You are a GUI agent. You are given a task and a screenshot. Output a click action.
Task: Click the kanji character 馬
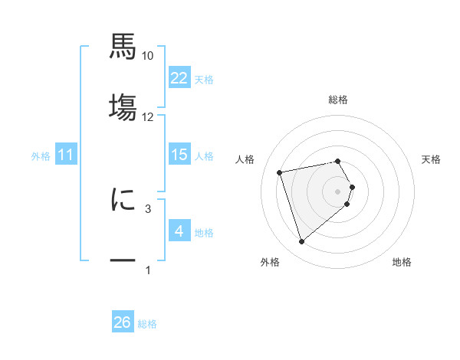pyautogui.click(x=123, y=46)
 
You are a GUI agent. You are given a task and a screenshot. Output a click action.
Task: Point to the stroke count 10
pyautogui.click(x=148, y=56)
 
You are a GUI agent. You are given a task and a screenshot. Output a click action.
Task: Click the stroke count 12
pyautogui.click(x=148, y=116)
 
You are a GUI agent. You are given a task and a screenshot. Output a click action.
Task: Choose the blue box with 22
pyautogui.click(x=179, y=78)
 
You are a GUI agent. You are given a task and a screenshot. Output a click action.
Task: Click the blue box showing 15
pyautogui.click(x=179, y=155)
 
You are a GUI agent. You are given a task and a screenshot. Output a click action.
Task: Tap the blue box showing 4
pyautogui.click(x=179, y=231)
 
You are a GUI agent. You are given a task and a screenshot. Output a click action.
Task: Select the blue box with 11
pyautogui.click(x=66, y=155)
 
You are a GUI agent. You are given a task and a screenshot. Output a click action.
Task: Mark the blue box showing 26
pyautogui.click(x=123, y=322)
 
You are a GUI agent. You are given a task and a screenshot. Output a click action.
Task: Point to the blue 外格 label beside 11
pyautogui.click(x=41, y=156)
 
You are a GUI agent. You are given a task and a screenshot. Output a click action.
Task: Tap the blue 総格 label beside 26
pyautogui.click(x=147, y=324)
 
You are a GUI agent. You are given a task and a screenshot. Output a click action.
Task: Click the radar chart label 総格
pyautogui.click(x=337, y=100)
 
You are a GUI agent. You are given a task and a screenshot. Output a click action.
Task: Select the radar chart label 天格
pyautogui.click(x=432, y=159)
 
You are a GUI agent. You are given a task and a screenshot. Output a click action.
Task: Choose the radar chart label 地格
pyautogui.click(x=402, y=262)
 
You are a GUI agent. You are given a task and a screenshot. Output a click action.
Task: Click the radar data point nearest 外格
pyautogui.click(x=301, y=242)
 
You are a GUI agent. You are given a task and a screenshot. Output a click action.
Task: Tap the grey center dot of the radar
pyautogui.click(x=337, y=191)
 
